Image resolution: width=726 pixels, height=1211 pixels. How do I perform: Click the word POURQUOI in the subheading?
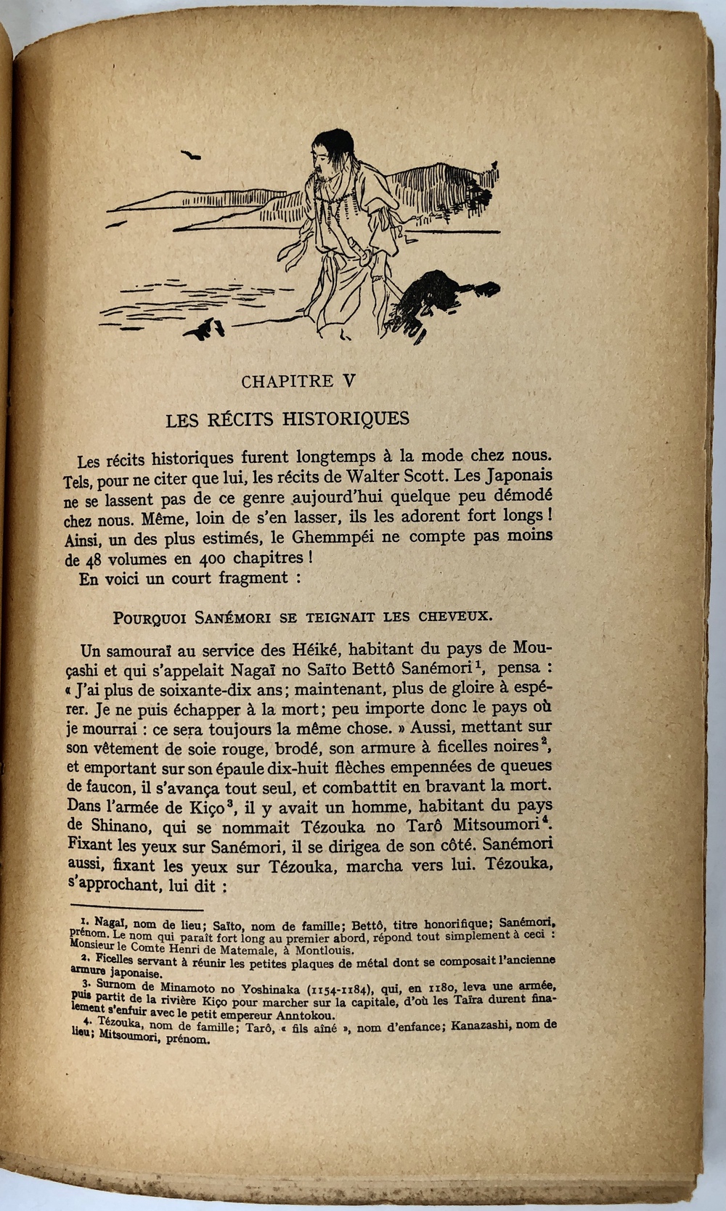pos(145,618)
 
